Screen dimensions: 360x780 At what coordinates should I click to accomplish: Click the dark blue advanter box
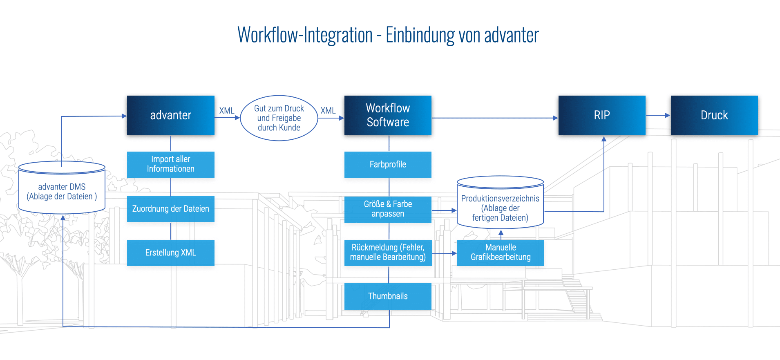click(x=170, y=115)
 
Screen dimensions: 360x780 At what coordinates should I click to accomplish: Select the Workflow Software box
click(x=387, y=115)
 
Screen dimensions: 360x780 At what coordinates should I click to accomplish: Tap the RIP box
click(x=601, y=115)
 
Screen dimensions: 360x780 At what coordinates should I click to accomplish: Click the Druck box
click(x=714, y=115)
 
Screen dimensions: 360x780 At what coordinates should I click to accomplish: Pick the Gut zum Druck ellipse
click(x=279, y=118)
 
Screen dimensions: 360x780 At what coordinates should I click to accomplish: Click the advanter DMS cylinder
click(x=62, y=191)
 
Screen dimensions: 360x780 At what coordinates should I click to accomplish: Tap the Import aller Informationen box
click(x=170, y=164)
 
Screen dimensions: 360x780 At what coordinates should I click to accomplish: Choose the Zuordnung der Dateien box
click(x=170, y=209)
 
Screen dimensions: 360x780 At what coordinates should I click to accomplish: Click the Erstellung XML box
click(x=170, y=253)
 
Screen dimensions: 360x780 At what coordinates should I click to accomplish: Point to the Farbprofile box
click(x=387, y=164)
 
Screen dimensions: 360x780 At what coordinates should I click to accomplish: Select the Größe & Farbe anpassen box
click(x=387, y=209)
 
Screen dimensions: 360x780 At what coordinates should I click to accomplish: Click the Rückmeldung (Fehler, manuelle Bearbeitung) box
click(x=387, y=253)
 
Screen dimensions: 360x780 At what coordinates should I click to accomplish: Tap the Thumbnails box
click(x=387, y=296)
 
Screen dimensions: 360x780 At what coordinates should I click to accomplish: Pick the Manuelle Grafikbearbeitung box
click(x=500, y=253)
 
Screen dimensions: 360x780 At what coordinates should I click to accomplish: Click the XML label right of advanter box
click(x=227, y=111)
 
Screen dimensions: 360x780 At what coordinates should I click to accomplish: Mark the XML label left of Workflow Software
click(x=328, y=111)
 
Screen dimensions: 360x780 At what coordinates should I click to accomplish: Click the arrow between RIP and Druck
click(x=658, y=116)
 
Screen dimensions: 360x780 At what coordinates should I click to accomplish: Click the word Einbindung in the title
click(x=420, y=35)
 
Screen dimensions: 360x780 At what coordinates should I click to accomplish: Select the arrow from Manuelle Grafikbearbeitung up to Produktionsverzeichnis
click(x=501, y=235)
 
